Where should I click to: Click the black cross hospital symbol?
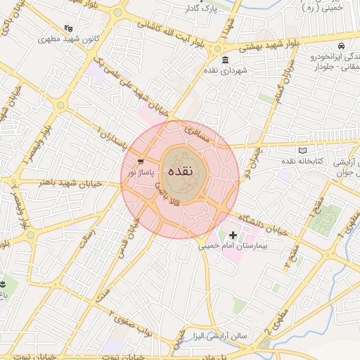tap(233, 234)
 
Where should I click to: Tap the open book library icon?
tap(303, 150)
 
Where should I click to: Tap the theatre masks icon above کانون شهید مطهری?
tap(68, 28)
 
